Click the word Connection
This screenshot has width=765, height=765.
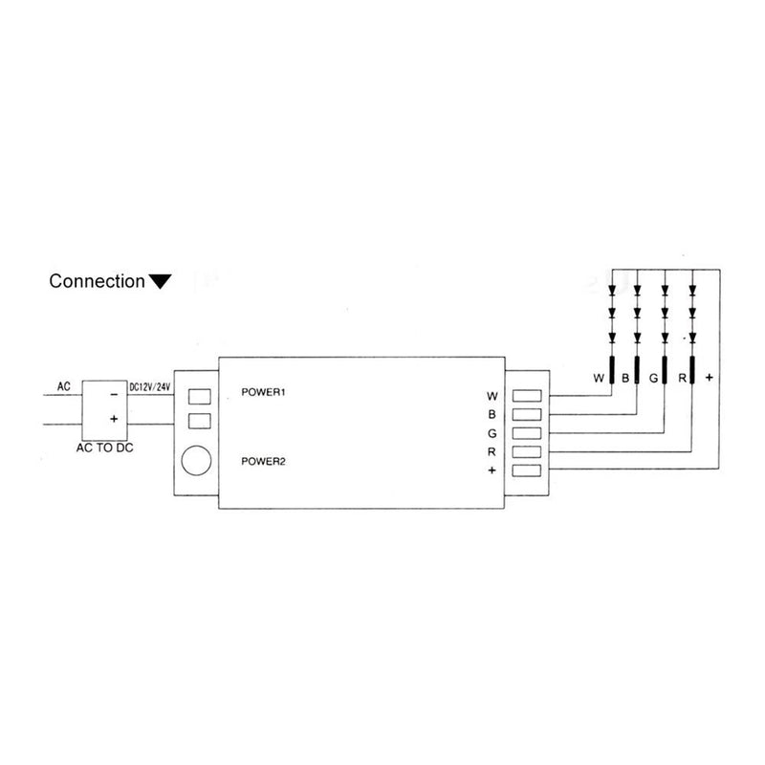(96, 282)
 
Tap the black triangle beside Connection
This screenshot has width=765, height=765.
(160, 281)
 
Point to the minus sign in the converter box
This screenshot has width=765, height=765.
(113, 393)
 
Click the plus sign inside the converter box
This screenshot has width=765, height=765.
(113, 419)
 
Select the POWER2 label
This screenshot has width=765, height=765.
(265, 462)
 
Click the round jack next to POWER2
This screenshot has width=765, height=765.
(197, 461)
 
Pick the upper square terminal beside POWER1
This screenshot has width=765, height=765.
(198, 396)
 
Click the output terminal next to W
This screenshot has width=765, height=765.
(529, 395)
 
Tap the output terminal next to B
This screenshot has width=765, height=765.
(529, 414)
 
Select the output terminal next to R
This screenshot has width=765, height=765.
(529, 451)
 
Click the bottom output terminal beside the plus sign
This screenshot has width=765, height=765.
(529, 470)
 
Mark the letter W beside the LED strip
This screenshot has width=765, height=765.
(598, 379)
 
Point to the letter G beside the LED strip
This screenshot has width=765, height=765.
(653, 379)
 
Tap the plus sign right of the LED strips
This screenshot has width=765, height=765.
(709, 379)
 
